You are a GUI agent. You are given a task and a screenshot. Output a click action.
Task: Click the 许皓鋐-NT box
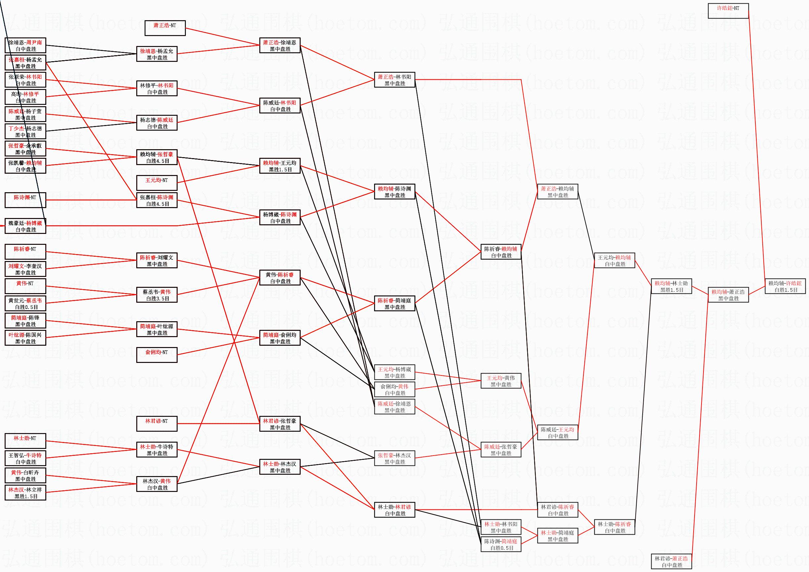(x=728, y=11)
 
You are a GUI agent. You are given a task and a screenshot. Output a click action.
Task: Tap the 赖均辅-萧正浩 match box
(x=728, y=295)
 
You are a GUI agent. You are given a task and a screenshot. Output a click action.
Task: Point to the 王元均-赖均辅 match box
(x=615, y=260)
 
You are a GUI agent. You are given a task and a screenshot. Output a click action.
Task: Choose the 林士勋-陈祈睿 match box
(x=615, y=527)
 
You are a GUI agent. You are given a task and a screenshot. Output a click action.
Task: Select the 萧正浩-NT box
(x=165, y=28)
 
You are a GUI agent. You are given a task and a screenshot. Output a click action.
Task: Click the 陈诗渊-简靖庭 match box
(x=501, y=544)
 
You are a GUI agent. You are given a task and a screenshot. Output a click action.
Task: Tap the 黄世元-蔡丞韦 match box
(x=25, y=303)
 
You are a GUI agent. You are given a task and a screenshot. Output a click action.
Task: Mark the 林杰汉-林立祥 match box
(x=25, y=493)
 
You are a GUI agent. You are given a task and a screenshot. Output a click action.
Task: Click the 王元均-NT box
(x=157, y=183)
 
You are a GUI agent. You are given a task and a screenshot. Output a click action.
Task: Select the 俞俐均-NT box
(x=157, y=355)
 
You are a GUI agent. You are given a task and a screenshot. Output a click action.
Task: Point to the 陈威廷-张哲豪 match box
(x=501, y=450)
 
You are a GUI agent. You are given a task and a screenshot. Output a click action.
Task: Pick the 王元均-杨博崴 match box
(x=394, y=372)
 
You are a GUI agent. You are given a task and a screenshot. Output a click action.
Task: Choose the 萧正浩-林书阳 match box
(x=394, y=80)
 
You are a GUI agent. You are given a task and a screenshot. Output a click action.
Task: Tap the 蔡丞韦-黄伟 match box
(x=157, y=295)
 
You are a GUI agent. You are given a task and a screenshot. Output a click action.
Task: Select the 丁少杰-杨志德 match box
(x=25, y=131)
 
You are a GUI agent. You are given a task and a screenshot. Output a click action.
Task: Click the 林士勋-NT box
(x=25, y=441)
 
